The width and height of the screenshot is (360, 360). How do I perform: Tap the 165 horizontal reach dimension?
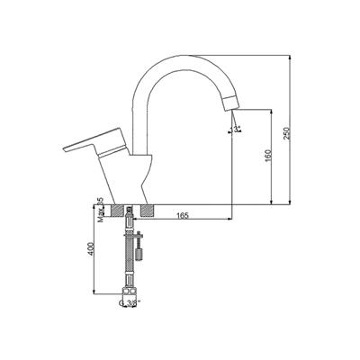click(182, 216)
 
